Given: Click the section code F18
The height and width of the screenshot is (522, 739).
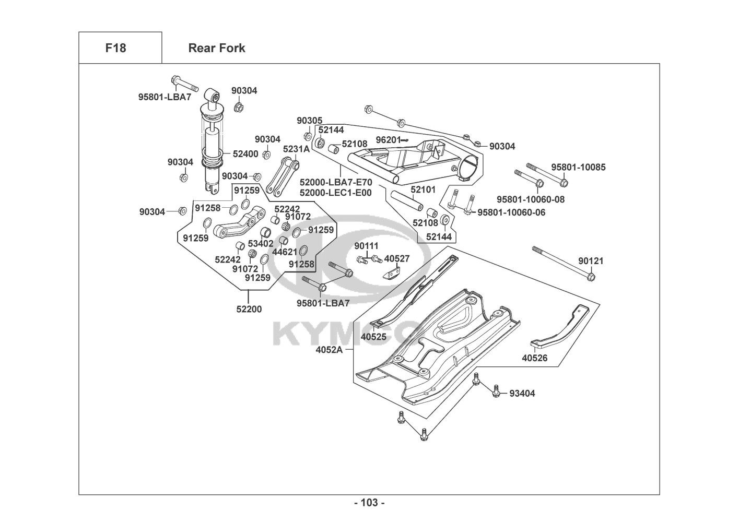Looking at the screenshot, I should (115, 48).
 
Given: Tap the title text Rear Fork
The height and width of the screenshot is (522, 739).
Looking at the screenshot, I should (216, 48).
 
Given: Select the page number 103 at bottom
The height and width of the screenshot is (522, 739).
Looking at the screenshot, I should (369, 503).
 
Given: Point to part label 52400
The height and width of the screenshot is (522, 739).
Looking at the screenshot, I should (245, 154).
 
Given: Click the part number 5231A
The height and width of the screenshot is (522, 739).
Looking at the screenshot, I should (296, 149).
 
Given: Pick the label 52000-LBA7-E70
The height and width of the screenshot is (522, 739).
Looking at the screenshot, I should (336, 182).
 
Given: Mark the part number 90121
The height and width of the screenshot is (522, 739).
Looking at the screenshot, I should (591, 261).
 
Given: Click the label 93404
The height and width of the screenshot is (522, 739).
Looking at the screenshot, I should (522, 393).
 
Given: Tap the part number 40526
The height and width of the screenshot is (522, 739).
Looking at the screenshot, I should (535, 358).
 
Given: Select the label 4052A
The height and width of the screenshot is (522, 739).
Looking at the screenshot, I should (329, 350).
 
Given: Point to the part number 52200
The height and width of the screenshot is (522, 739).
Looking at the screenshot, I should (249, 309).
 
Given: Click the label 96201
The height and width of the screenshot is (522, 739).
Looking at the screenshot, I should (388, 140).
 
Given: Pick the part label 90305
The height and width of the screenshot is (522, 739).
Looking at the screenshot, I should (310, 121).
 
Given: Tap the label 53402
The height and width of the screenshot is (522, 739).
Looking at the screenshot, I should (261, 243).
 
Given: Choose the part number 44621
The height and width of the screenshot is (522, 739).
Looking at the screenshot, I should (285, 252).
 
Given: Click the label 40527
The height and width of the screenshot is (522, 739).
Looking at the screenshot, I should (397, 258).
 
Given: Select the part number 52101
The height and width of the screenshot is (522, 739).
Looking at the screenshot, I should (423, 190).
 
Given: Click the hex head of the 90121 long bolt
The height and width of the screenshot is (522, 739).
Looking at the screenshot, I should (591, 276).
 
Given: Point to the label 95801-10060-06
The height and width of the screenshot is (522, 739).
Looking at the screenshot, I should (511, 212).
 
